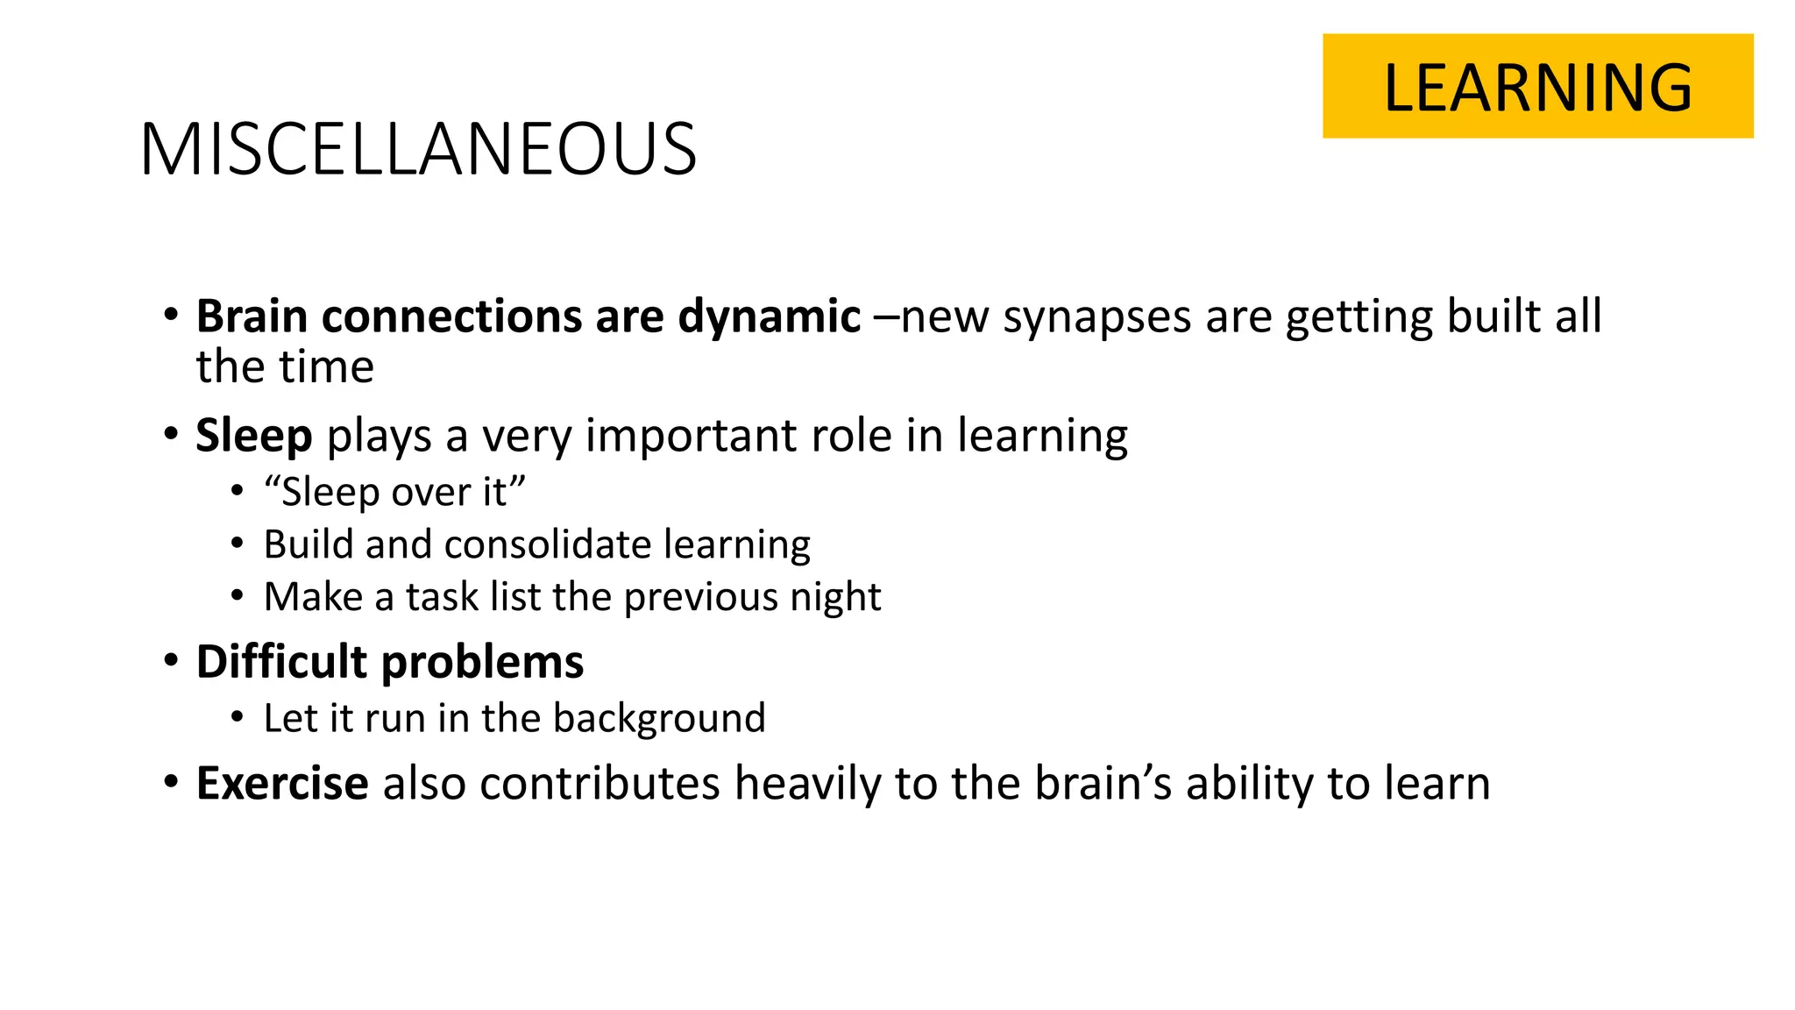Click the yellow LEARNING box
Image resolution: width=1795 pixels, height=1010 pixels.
tap(1537, 86)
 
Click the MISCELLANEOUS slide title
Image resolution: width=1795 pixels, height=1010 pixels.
tap(418, 150)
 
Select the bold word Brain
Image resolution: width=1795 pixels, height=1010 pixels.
tap(252, 316)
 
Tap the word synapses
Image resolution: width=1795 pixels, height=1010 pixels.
tap(1096, 317)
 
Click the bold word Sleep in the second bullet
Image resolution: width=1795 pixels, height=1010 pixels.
tap(253, 436)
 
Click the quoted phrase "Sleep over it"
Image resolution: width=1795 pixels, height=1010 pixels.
tap(394, 492)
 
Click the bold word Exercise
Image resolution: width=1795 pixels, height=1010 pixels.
tap(281, 783)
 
